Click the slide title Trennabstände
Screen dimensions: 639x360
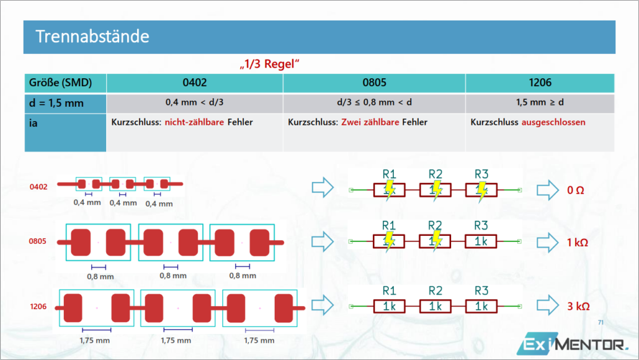[x=92, y=37]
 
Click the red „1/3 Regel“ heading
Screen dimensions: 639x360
[x=270, y=64]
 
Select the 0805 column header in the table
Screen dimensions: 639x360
[x=374, y=83]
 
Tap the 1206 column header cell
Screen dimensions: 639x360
[x=540, y=83]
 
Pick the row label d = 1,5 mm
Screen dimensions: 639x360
[x=56, y=103]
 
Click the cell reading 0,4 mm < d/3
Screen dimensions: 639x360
[x=194, y=102]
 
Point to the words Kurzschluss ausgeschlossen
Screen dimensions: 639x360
[x=528, y=122]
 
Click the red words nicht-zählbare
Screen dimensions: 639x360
[x=194, y=122]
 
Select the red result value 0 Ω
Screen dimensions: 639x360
[x=576, y=190]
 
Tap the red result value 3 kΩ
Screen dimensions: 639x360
[x=578, y=306]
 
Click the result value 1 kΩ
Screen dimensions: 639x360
[x=578, y=243]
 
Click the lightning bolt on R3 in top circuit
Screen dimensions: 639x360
[x=481, y=191]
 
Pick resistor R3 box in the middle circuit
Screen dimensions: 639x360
[x=481, y=241]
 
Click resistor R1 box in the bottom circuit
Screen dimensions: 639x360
[x=389, y=306]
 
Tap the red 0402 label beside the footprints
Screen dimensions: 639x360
[x=38, y=187]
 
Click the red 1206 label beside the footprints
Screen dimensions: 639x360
[x=38, y=306]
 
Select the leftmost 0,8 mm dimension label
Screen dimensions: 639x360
[x=101, y=276]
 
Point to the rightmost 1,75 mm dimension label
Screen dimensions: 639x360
[x=259, y=340]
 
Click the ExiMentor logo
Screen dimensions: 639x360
[x=573, y=344]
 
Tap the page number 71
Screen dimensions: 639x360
[x=601, y=322]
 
